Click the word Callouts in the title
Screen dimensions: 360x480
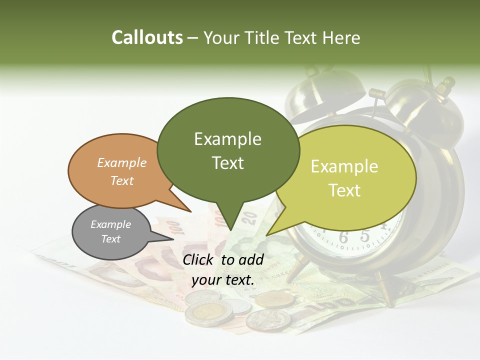coord(147,37)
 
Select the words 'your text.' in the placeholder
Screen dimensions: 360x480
coord(223,280)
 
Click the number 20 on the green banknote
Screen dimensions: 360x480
coord(250,217)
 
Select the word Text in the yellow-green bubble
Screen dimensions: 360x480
coord(344,190)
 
